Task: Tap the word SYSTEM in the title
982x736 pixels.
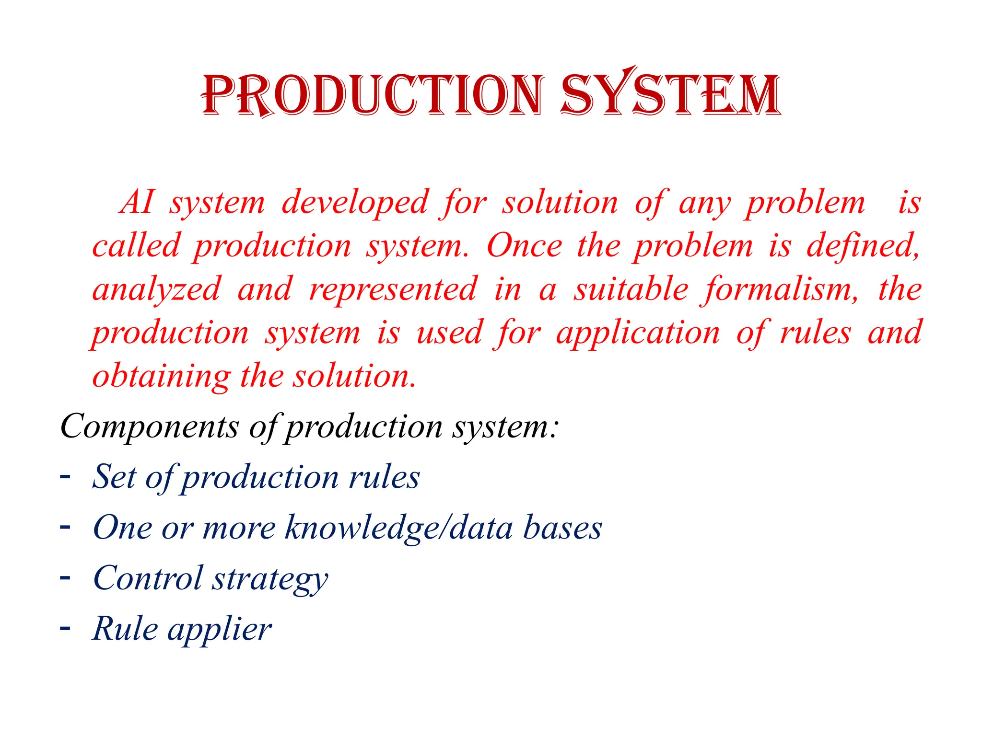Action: (x=670, y=94)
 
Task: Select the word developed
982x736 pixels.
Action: (x=355, y=202)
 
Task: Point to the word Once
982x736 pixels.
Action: (x=524, y=246)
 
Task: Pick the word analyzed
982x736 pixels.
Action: (x=157, y=290)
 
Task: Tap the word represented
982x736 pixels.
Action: (x=393, y=290)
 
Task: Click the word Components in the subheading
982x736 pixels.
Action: (x=149, y=426)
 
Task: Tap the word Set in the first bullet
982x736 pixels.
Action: (x=114, y=477)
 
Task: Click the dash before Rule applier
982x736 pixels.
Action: (x=65, y=627)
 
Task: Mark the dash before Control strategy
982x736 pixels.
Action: (x=65, y=577)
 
